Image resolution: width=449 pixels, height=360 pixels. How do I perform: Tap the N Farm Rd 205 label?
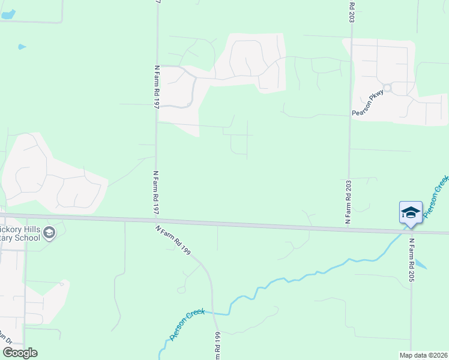(x=412, y=260)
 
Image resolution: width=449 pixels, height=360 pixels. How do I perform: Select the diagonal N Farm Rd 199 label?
(x=173, y=240)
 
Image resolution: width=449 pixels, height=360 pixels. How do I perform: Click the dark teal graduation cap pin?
(x=411, y=214)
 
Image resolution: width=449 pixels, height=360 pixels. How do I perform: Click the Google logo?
(x=20, y=353)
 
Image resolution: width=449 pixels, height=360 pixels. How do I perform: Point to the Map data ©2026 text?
(x=423, y=355)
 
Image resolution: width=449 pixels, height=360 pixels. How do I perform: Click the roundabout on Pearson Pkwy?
(x=387, y=88)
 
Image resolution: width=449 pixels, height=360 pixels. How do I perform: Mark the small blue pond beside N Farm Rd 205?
(x=421, y=265)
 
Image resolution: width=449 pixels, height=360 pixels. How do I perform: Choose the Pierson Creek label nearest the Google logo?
(x=187, y=324)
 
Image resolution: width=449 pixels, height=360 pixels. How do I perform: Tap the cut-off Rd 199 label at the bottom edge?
(x=217, y=346)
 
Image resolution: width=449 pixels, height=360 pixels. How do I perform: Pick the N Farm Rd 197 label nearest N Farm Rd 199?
(x=155, y=192)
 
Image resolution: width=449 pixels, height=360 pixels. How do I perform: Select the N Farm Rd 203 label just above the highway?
(x=348, y=202)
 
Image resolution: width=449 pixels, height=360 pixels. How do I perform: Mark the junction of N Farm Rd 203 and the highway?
(x=348, y=227)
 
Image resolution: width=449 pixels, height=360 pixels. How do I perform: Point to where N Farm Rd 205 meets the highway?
(x=411, y=231)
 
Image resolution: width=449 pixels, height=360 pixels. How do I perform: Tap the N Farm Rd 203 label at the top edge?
(x=351, y=12)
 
